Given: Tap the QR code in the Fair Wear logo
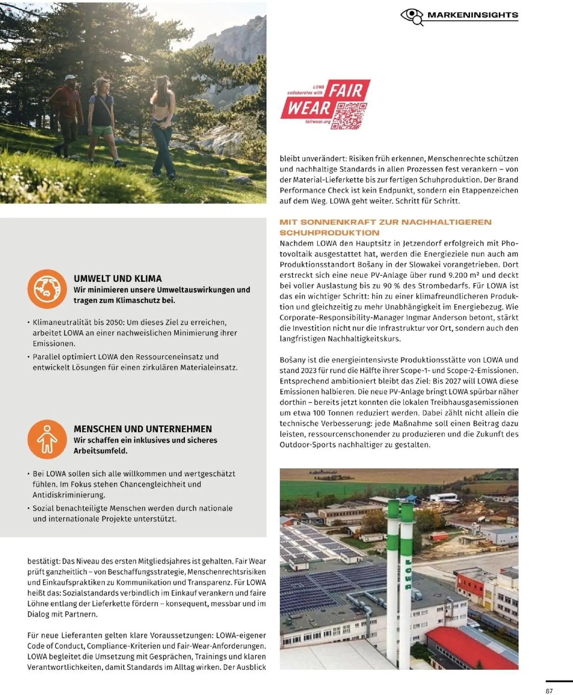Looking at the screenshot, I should point(349,115).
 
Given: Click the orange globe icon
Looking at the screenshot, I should point(47,289).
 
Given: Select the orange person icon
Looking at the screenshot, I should point(47,439).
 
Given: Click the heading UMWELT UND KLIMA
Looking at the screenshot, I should point(118,279).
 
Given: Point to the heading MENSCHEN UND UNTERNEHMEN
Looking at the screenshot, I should point(143,429).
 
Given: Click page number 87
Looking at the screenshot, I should point(549,691).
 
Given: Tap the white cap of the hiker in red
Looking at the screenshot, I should point(70,78).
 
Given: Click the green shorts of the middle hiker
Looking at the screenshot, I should point(102,131).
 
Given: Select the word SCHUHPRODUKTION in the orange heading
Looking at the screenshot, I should point(329,233).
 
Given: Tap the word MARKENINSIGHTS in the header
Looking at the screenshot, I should point(472,15).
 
